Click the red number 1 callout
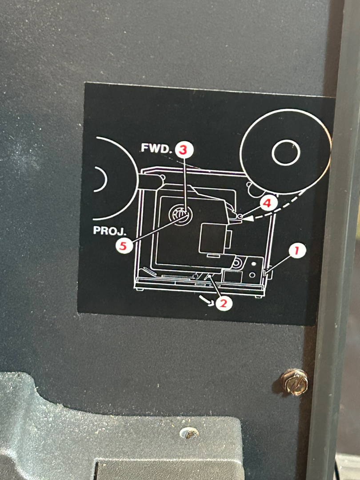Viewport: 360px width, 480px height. pyautogui.click(x=296, y=251)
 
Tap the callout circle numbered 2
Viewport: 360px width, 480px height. pyautogui.click(x=224, y=304)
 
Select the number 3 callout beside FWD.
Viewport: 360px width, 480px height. pyautogui.click(x=183, y=150)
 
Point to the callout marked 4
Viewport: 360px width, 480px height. pyautogui.click(x=268, y=203)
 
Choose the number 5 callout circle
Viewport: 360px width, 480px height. pyautogui.click(x=124, y=246)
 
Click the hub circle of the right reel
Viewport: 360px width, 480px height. pyautogui.click(x=286, y=152)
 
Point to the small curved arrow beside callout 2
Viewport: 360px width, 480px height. pyautogui.click(x=206, y=300)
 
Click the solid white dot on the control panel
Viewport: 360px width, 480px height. pyautogui.click(x=253, y=264)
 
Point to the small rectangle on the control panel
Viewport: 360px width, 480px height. pyautogui.click(x=232, y=276)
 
